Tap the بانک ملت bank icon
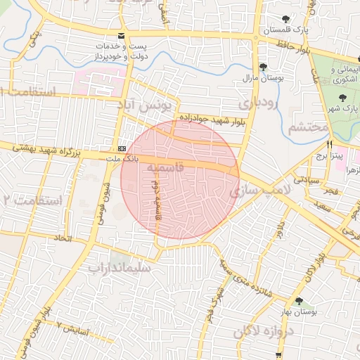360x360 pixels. coord(122,148)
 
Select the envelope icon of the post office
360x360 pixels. coord(122,36)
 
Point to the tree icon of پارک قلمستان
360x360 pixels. coord(285,20)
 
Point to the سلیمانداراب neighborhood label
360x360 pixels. coord(119,267)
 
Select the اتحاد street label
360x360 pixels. coord(63,240)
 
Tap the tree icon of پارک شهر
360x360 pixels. coord(342,98)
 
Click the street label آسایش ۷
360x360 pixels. coord(74,328)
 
